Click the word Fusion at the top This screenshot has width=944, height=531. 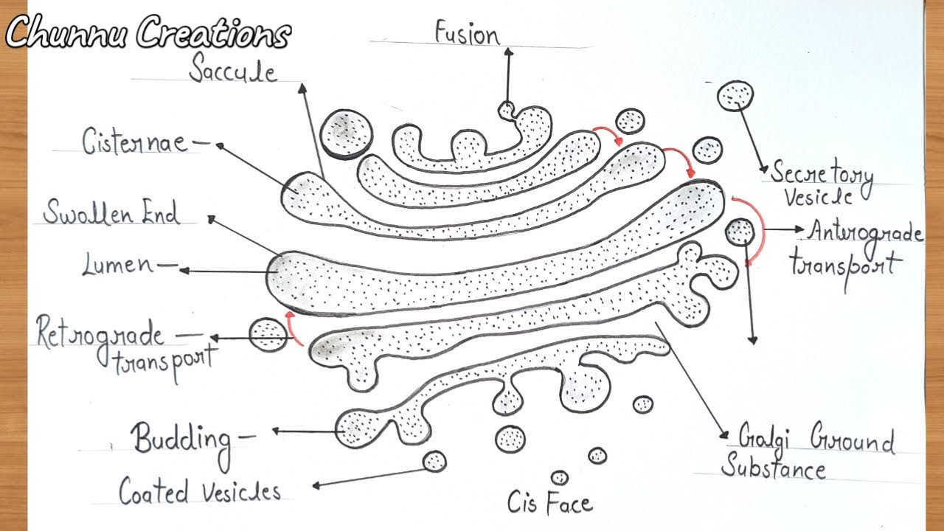[467, 33]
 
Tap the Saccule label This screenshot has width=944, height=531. [232, 71]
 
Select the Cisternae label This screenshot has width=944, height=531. [135, 140]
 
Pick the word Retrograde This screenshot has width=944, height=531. [100, 336]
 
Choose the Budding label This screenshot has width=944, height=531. [181, 440]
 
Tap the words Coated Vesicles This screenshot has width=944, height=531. [200, 492]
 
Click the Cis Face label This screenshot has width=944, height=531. [549, 503]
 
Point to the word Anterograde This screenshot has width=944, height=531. [865, 232]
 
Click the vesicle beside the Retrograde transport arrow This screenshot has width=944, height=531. [267, 335]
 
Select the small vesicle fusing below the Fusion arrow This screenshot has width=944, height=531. [507, 110]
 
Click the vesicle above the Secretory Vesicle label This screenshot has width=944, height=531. [735, 96]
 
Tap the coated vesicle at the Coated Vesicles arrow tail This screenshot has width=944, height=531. [434, 461]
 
